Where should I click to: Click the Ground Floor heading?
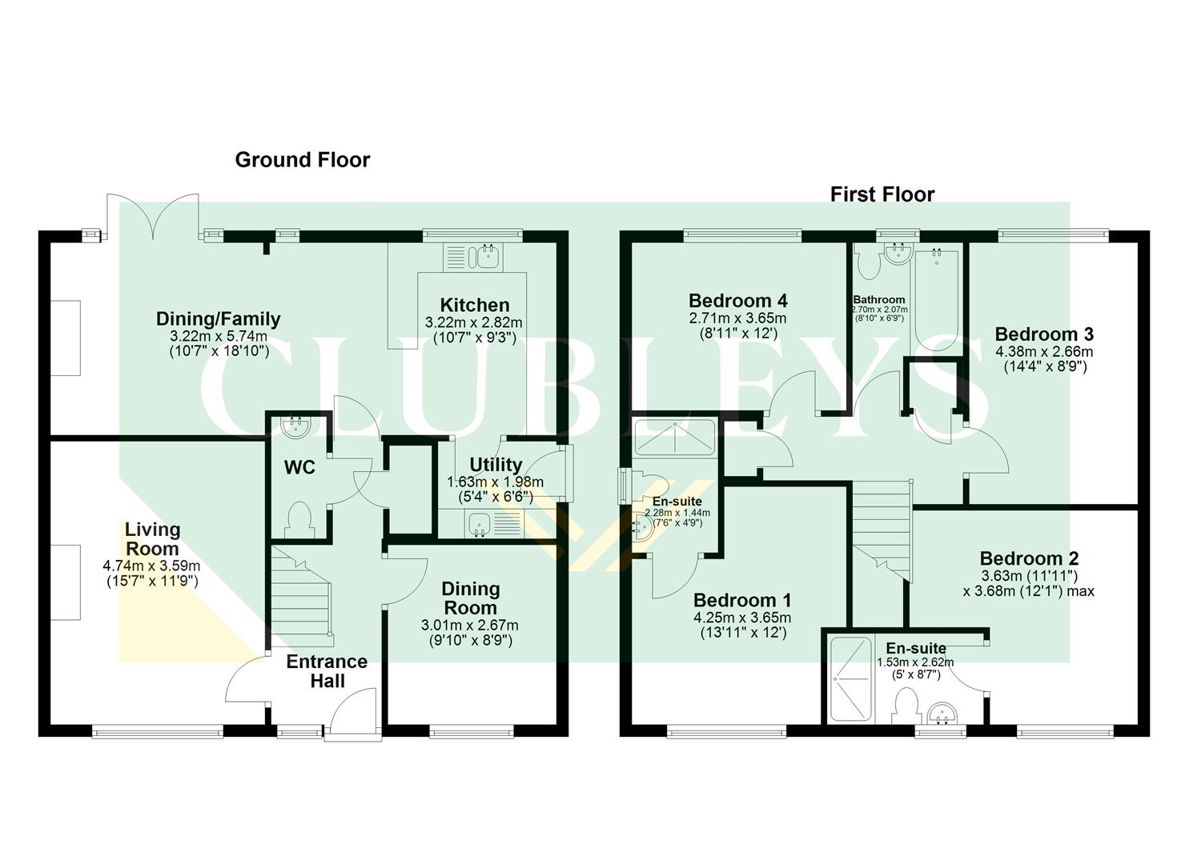pos(302,160)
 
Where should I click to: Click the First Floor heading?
pos(882,194)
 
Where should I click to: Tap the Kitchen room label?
pos(475,305)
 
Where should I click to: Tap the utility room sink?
pos(480,524)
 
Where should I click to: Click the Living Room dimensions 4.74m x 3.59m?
pos(151,566)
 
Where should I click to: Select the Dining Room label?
pos(470,598)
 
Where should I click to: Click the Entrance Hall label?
pos(327,671)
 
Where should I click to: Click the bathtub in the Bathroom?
pos(937,300)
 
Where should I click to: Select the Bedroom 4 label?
pos(737,301)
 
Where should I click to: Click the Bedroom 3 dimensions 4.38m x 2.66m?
pos(1043,351)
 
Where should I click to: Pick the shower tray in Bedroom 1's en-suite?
pos(674,437)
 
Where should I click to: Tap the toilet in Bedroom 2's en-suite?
pos(907,706)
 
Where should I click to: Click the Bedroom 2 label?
pos(1029,558)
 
